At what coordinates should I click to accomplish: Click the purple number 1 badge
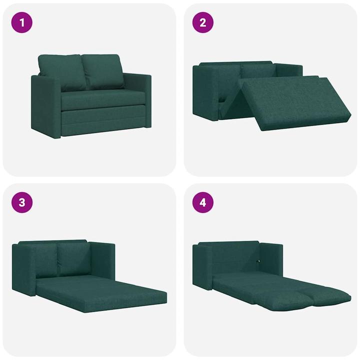click(x=22, y=22)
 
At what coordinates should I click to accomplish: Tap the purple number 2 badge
click(x=203, y=22)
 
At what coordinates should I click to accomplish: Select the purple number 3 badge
click(x=22, y=202)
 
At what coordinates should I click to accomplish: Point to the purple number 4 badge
click(x=203, y=202)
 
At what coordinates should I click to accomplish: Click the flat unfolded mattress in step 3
click(x=100, y=292)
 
